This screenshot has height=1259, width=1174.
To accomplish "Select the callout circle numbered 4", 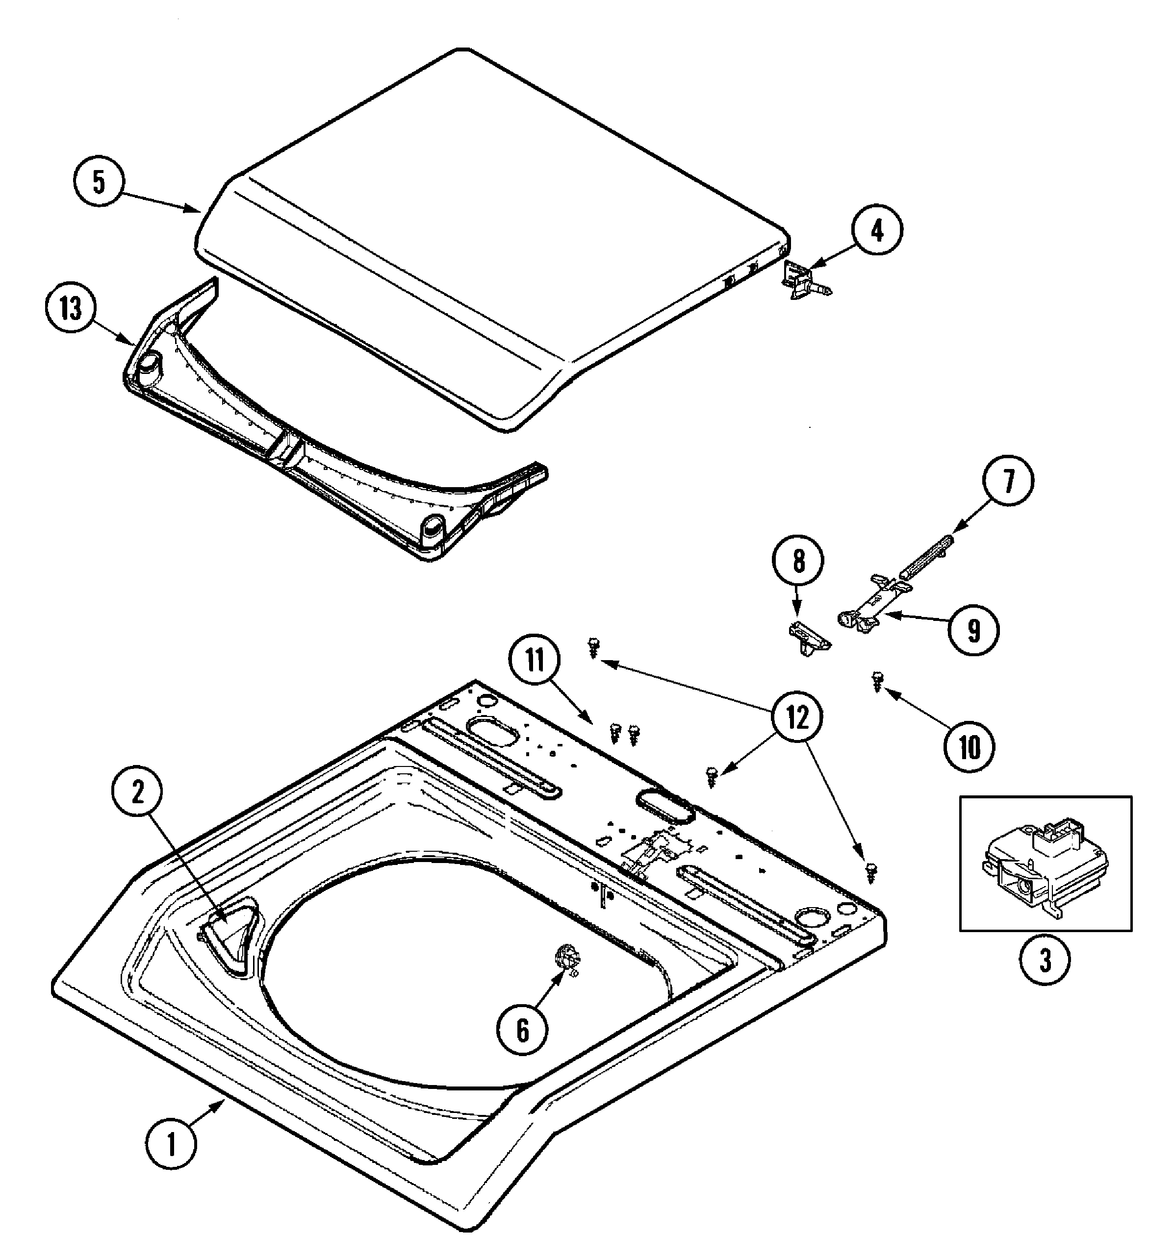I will [x=877, y=232].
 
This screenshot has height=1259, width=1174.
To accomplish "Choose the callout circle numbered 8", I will [x=798, y=562].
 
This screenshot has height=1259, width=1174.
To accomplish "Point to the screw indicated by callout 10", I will [x=877, y=681].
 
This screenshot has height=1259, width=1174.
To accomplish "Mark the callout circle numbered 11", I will [x=536, y=661].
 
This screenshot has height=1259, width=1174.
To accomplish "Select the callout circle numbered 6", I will [x=523, y=1030].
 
